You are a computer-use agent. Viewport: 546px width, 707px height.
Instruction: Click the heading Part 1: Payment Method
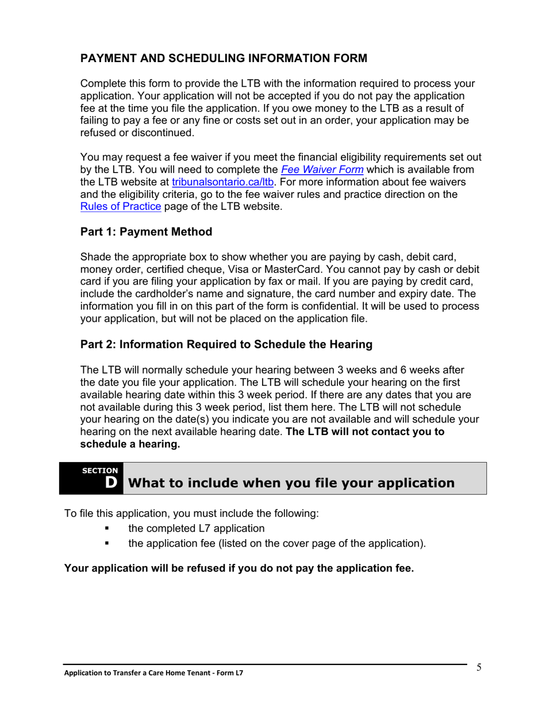click(146, 232)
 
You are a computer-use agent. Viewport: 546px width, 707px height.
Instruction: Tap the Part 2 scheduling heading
click(226, 344)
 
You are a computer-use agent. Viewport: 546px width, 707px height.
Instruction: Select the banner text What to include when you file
click(290, 483)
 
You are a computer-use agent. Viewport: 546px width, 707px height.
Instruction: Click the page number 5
click(478, 667)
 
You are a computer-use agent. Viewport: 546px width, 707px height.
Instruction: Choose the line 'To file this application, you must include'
click(191, 513)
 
